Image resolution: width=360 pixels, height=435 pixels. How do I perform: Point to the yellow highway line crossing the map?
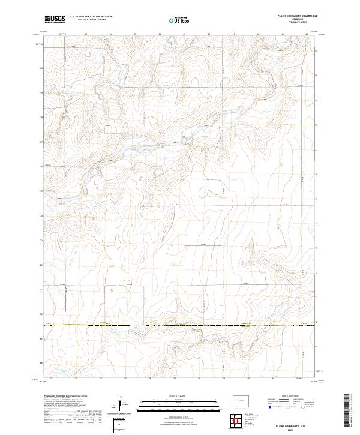[x=180, y=326]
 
